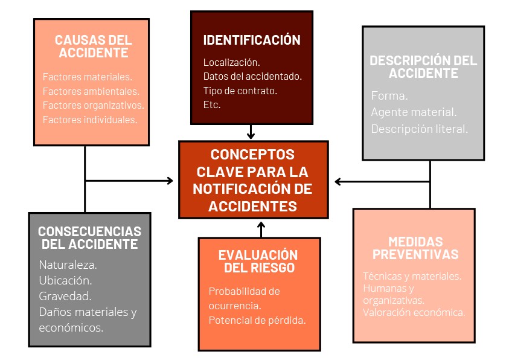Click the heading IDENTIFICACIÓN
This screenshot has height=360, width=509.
click(252, 40)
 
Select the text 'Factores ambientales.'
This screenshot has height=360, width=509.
click(91, 92)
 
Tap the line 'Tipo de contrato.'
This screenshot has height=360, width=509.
click(240, 91)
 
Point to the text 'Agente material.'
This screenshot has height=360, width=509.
click(414, 112)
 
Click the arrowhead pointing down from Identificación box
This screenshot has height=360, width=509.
click(251, 135)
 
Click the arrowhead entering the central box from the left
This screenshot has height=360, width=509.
click(170, 181)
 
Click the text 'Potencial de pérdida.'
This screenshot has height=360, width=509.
click(257, 321)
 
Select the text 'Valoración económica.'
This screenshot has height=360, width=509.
click(414, 312)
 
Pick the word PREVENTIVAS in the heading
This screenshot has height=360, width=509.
click(415, 254)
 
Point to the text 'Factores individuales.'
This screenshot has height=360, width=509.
click(90, 120)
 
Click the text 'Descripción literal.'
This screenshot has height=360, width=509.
click(420, 129)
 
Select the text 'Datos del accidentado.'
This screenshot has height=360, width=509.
click(252, 77)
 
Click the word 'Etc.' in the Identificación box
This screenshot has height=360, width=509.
click(212, 104)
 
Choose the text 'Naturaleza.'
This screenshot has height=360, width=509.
click(68, 265)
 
